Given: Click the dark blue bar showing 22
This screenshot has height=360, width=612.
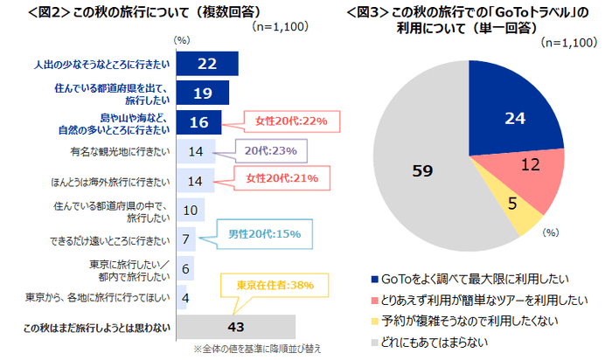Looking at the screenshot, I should click(207, 64).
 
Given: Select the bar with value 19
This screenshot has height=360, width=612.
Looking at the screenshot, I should click(203, 93).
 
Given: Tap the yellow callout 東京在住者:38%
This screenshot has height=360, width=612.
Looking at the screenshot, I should click(274, 285).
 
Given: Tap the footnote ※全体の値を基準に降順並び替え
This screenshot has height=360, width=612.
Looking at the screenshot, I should click(257, 349).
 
